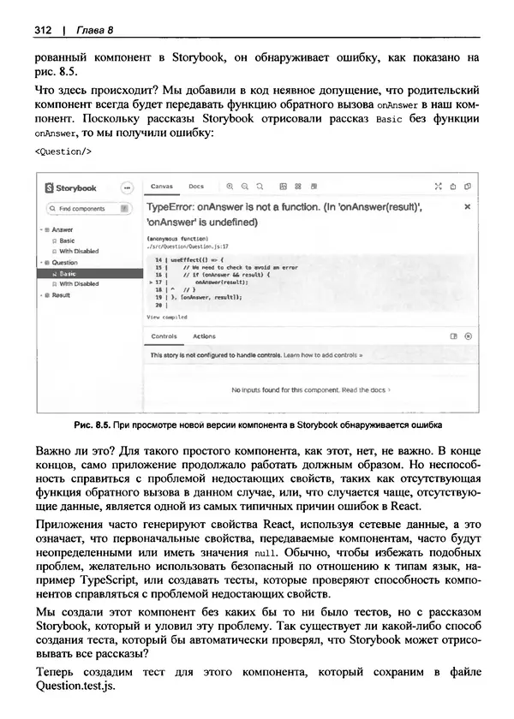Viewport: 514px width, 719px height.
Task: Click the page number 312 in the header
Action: coord(44,31)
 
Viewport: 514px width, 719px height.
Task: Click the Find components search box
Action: coord(83,209)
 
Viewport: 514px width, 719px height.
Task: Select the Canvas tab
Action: coord(162,186)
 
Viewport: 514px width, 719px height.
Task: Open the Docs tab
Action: coord(196,186)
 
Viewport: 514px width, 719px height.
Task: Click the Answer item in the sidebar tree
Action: coord(63,229)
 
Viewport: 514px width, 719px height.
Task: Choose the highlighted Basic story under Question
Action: coord(68,273)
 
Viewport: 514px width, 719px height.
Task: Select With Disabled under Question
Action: coord(78,283)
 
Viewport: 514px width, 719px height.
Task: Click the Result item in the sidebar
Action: coord(61,295)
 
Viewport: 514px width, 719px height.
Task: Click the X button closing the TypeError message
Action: coord(467,207)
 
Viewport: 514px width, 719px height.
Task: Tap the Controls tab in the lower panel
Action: coord(163,336)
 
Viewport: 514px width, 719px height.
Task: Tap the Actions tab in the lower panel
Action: coord(205,336)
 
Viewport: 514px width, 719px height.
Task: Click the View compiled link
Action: coord(166,316)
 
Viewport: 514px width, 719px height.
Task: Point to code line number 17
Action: coord(160,281)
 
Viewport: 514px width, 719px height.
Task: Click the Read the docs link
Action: coord(366,389)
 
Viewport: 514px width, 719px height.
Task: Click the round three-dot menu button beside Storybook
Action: coord(128,187)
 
